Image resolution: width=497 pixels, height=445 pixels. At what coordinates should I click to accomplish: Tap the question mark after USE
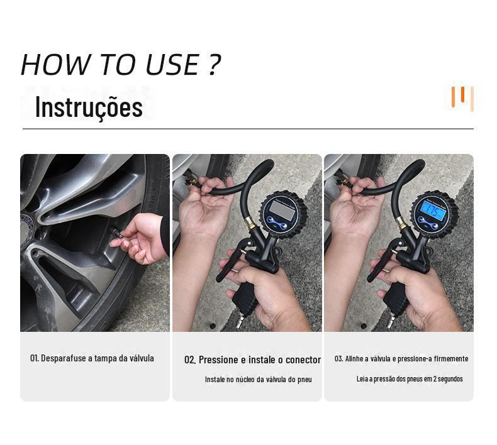coord(215,64)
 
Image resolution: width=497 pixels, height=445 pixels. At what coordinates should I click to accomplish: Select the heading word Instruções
coord(89,107)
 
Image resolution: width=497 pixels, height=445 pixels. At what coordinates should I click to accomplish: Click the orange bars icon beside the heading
coord(462,98)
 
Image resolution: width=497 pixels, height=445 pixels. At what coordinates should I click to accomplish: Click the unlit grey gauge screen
coord(282,210)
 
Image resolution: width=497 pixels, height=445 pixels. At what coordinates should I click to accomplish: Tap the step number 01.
coord(34,358)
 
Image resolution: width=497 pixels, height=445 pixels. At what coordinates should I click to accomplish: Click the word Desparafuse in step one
coord(64,358)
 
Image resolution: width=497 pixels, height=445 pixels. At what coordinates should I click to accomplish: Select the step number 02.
coord(190,360)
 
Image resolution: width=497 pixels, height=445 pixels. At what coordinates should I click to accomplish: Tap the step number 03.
coord(338,358)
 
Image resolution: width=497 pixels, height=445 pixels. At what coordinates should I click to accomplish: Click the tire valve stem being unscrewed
coord(116,233)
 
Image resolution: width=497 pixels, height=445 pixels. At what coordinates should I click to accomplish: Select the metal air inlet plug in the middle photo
coord(241,321)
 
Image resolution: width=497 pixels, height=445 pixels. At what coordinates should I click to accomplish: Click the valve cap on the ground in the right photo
coord(364,326)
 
